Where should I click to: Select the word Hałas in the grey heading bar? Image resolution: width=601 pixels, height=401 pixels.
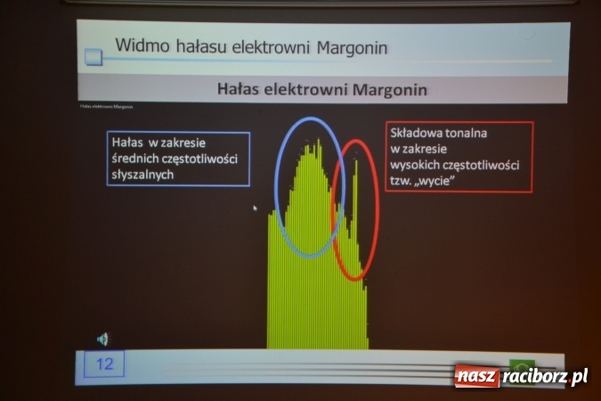tap(240, 89)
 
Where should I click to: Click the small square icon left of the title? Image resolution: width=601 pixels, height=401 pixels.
tap(93, 58)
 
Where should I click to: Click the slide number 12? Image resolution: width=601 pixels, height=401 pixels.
tap(104, 364)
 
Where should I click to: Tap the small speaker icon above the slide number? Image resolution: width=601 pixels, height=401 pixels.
tap(103, 338)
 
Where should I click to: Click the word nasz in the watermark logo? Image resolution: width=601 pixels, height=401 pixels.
tap(476, 377)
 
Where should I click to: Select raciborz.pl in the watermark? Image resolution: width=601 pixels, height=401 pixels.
tap(544, 377)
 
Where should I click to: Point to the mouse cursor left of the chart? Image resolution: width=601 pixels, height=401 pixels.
tap(255, 209)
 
